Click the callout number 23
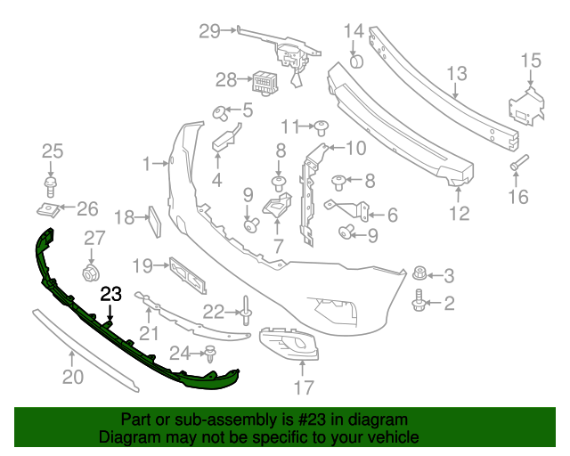(x=111, y=293)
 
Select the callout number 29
(x=209, y=32)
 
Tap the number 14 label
(x=354, y=31)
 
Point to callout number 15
(x=531, y=61)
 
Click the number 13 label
(x=457, y=73)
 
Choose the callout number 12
(x=459, y=213)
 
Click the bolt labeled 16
(x=518, y=164)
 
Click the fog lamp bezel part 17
(x=290, y=348)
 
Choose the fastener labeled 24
(x=211, y=354)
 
